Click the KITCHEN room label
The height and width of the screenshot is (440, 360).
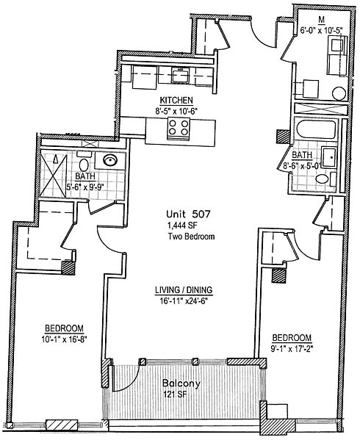[176, 100]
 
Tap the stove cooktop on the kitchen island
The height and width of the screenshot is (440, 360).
[179, 128]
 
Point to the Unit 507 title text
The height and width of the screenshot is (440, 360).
[188, 214]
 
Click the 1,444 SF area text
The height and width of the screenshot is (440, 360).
[180, 226]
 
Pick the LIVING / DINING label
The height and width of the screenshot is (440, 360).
[184, 290]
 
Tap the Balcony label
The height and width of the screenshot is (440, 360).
[181, 383]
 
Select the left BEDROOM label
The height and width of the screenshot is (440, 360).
[64, 328]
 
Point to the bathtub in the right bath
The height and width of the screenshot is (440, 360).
[317, 129]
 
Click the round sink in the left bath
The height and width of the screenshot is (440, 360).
[110, 161]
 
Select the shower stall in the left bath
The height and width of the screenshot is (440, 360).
[54, 176]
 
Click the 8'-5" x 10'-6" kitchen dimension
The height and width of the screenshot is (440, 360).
[175, 112]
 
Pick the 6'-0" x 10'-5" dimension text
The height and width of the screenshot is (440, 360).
[321, 30]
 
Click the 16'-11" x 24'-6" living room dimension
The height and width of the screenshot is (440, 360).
[184, 301]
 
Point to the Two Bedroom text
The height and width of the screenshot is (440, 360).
[191, 237]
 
